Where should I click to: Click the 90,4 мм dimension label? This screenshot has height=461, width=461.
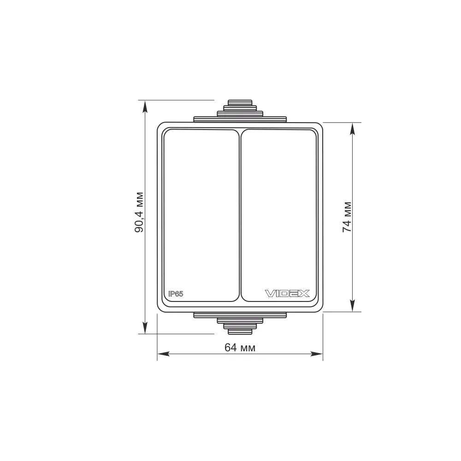[x=139, y=212]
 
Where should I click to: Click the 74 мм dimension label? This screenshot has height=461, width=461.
[x=347, y=217]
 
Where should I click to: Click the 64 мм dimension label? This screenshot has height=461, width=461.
[x=240, y=348]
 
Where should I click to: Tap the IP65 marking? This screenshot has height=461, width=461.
[x=176, y=294]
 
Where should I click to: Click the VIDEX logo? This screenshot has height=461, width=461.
[x=287, y=293]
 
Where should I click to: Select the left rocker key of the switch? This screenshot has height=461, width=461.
[x=201, y=215]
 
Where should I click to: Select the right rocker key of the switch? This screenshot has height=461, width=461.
[x=279, y=215]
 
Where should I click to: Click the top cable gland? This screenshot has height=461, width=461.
[x=240, y=111]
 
